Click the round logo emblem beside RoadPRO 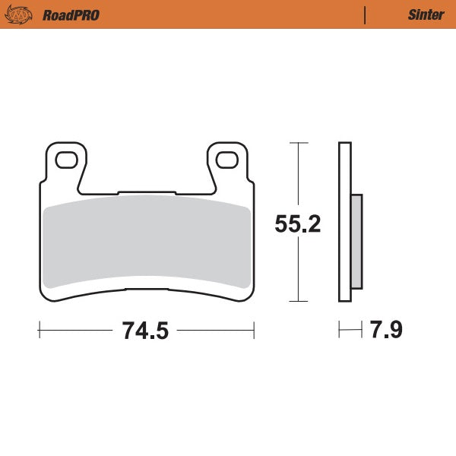[21, 14]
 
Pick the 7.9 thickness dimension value [385, 331]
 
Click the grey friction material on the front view [146, 243]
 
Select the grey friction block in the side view [356, 242]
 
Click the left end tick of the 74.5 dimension [39, 330]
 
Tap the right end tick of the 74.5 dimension [254, 330]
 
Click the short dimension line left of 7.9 [350, 330]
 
